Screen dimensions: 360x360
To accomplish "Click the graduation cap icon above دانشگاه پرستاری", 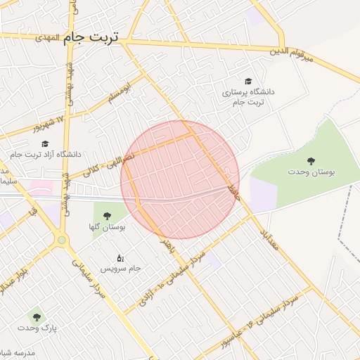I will tap(247, 82).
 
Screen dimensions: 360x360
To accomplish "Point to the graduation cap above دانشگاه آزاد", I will tap(45, 143).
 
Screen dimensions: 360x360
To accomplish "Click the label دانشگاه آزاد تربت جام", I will tap(46, 154).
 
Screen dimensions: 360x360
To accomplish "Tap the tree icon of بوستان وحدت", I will tap(311, 161).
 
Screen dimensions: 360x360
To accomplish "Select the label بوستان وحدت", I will tap(311, 172).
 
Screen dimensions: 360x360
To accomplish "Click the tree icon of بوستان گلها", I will tap(107, 217).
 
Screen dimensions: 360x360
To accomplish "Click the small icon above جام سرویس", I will tap(120, 258).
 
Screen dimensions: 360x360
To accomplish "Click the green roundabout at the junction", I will tap(62, 240).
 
